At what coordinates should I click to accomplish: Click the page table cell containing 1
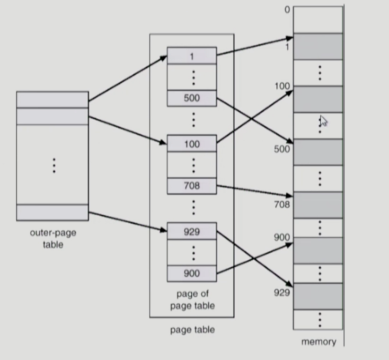192,55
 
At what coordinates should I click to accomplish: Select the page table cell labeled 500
192,98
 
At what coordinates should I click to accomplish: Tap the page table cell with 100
192,144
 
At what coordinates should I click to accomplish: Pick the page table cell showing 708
192,186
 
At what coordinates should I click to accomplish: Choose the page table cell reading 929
192,231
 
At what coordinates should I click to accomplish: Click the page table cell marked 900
192,273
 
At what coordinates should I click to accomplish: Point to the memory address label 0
287,9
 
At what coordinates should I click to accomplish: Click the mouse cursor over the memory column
323,121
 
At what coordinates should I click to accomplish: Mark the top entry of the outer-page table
52,99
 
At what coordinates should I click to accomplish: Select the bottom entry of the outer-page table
52,212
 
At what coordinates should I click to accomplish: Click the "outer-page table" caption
53,238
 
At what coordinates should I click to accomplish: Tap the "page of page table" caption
192,299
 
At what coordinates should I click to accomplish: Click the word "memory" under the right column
318,342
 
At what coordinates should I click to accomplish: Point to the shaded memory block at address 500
318,152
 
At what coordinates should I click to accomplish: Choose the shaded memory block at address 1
318,46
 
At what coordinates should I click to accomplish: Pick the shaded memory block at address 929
318,296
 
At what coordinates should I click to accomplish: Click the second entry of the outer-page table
52,116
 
